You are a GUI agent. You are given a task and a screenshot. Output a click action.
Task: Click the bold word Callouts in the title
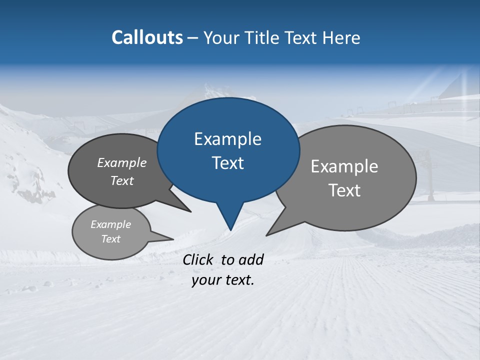[147, 37]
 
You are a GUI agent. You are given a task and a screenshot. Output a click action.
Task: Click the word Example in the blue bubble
[227, 139]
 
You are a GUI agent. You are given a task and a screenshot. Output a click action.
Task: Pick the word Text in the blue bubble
[227, 163]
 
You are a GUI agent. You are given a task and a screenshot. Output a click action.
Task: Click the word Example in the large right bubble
[344, 166]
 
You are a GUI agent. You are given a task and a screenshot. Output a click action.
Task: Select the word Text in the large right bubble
[344, 190]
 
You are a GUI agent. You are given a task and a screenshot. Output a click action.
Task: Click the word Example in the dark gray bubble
[122, 162]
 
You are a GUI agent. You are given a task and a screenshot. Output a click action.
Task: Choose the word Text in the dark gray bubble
[122, 180]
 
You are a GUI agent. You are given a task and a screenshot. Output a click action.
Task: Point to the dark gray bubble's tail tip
[190, 211]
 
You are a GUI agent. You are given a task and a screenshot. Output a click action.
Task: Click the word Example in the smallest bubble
[110, 224]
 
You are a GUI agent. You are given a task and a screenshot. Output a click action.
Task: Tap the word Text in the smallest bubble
[110, 239]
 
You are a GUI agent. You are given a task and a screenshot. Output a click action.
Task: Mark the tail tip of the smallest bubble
[173, 239]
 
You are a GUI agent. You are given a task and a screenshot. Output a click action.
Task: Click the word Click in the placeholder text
[198, 259]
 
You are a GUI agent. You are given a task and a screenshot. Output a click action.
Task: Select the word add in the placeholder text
[251, 259]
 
